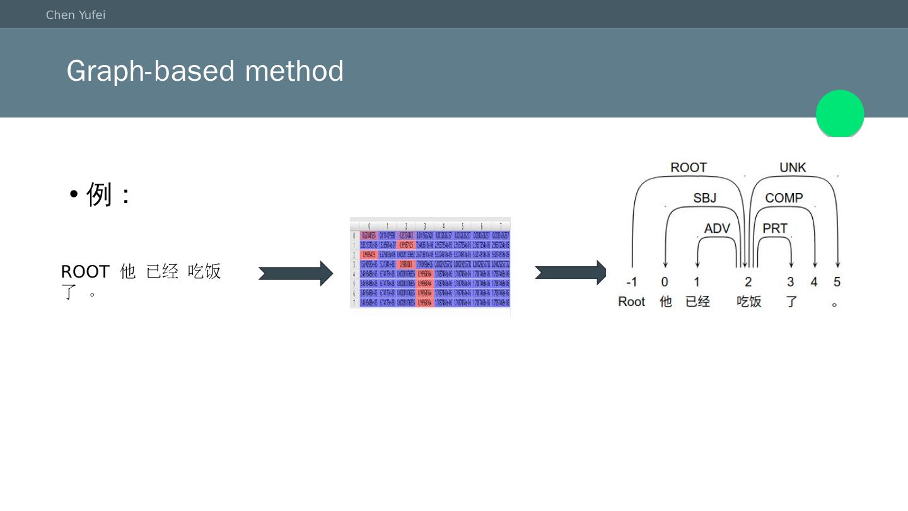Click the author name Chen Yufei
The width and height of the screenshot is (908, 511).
point(76,15)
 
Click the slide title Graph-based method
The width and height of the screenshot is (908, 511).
point(205,71)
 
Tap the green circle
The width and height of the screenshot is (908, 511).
point(840,114)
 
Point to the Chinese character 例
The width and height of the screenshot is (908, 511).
point(99,194)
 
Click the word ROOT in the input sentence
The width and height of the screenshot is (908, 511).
point(85,272)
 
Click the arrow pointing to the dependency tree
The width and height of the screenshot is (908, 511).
point(570,273)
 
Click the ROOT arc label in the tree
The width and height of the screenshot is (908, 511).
point(688,168)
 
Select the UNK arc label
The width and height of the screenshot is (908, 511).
point(793,168)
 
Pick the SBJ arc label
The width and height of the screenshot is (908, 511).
point(704,198)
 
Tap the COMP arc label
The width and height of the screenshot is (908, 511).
point(784,198)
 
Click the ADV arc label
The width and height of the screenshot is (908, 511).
point(717,228)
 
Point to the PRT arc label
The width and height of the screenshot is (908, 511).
point(775,228)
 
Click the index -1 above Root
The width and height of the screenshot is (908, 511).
point(631,282)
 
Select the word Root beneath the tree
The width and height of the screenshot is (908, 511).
point(631,302)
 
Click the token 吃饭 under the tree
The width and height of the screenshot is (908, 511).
point(749,302)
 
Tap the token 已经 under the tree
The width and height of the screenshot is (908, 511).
point(697,302)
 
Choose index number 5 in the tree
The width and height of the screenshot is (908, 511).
point(837,282)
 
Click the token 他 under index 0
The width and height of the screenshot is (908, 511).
point(665,302)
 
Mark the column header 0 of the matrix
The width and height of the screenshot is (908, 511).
point(369,226)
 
